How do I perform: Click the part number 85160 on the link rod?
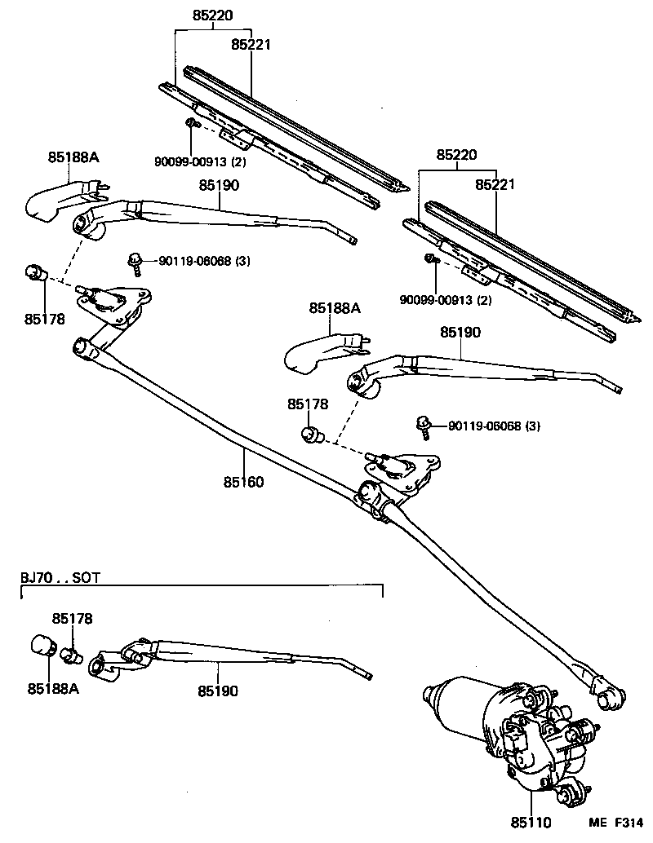tap(243, 482)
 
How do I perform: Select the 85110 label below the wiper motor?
tap(531, 824)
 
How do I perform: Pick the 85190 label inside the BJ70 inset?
tap(217, 691)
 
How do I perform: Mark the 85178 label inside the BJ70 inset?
tap(73, 619)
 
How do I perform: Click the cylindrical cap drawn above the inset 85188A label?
tap(42, 646)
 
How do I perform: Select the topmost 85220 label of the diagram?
tap(211, 14)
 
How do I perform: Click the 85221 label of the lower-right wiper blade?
tap(495, 186)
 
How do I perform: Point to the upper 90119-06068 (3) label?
tap(193, 261)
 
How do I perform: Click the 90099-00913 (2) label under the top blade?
tap(200, 161)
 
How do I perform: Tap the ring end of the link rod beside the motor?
tap(610, 695)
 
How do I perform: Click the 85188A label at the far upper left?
tap(73, 157)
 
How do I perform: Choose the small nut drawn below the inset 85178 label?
tap(73, 652)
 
